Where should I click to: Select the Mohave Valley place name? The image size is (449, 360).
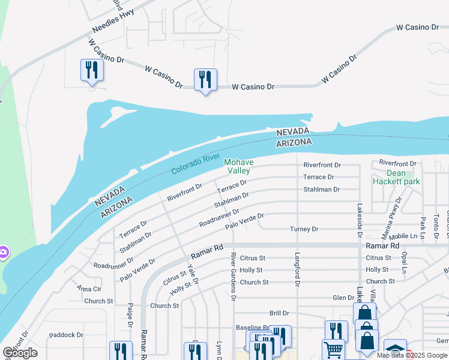239,166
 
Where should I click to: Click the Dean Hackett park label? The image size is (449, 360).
396,176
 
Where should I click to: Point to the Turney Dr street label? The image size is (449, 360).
304,229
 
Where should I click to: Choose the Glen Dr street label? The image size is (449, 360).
343,298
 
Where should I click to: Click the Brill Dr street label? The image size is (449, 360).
279,313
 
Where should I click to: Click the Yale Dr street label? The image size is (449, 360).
192,274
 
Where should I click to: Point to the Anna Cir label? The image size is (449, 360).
89,289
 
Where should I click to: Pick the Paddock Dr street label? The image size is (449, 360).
66,335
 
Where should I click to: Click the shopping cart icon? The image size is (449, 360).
333,350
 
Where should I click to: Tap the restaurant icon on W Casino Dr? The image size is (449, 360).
205,80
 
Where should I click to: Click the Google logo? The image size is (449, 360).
20,353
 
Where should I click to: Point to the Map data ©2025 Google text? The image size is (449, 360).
412,355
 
